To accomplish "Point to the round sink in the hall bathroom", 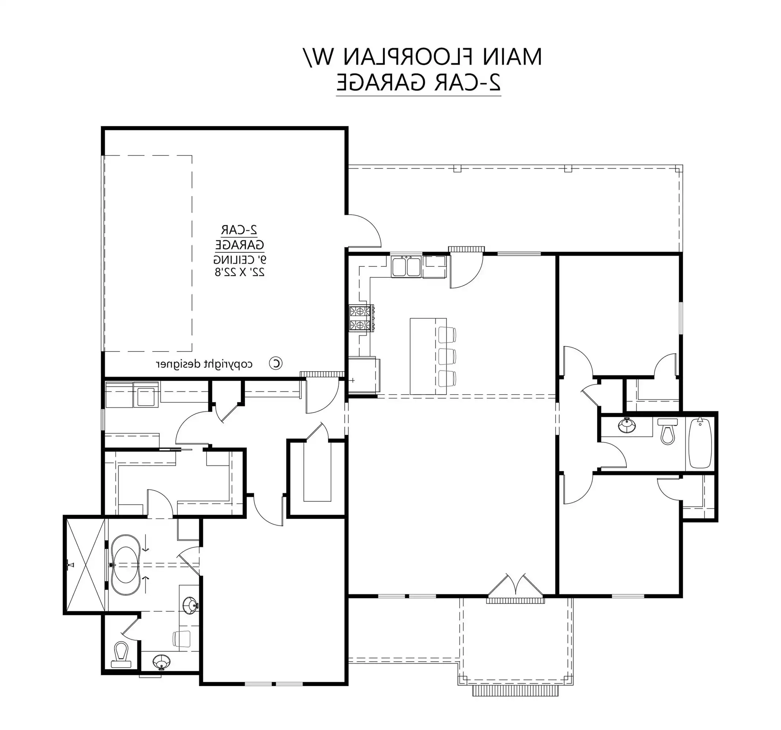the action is click(x=627, y=426).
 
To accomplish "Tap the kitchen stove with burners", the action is click(x=361, y=318).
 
